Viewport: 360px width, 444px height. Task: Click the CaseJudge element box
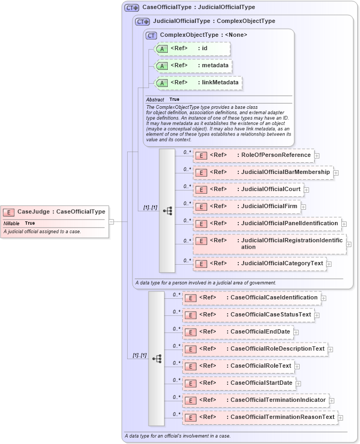pos(55,212)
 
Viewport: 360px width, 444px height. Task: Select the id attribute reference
pos(192,49)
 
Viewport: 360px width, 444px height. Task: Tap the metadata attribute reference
pos(193,66)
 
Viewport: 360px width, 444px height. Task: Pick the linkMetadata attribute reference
pos(198,83)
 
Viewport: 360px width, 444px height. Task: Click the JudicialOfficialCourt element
pos(248,189)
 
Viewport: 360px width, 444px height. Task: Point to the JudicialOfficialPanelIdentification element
pos(267,224)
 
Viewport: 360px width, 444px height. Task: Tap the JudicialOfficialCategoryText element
pos(260,264)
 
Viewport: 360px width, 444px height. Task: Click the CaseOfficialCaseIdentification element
pos(251,298)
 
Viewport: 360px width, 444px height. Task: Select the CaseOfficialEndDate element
pos(237,332)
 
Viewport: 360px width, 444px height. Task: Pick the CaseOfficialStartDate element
pos(238,383)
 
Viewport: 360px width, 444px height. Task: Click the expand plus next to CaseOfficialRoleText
pos(297,367)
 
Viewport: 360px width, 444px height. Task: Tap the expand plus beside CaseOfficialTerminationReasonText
pos(341,417)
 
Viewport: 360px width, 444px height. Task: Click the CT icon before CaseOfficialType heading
pos(131,8)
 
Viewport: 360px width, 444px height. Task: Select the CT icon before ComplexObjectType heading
pos(151,35)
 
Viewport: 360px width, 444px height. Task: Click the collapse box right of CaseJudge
pos(112,221)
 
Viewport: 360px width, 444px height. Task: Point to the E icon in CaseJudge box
pos(9,212)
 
